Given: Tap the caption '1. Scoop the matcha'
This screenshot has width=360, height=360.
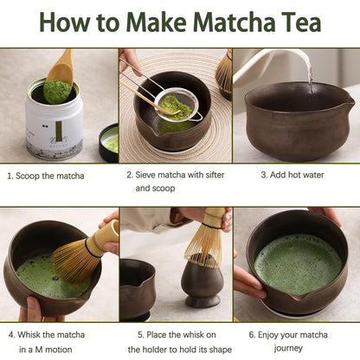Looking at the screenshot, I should tap(47, 176).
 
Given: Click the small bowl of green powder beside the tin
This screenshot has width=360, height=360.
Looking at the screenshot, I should tap(109, 143).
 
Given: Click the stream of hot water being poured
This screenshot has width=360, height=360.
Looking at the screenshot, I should tap(309, 70).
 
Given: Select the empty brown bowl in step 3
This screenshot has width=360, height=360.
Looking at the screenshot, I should tap(294, 121).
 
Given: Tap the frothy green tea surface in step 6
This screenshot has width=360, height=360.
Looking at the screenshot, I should tap(299, 263).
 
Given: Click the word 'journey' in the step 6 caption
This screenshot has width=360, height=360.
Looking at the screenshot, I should tap(288, 348).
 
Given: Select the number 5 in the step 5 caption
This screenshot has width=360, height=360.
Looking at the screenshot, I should tap(140, 333).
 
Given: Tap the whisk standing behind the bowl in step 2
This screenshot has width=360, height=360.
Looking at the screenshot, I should tap(224, 73).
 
